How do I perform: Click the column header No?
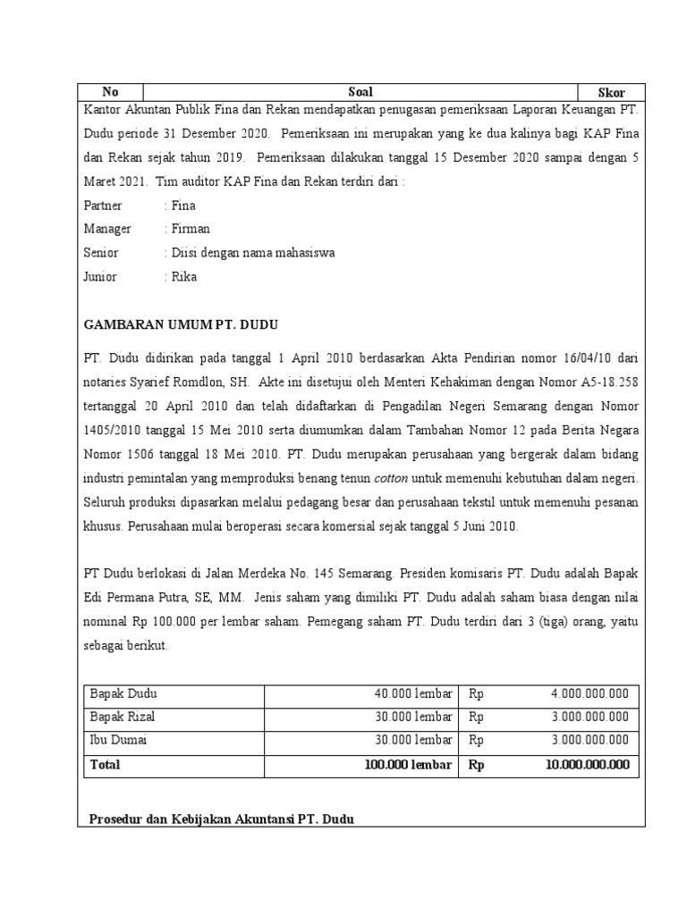pyautogui.click(x=110, y=92)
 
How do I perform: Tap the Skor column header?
pyautogui.click(x=612, y=92)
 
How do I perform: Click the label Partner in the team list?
pyautogui.click(x=102, y=206)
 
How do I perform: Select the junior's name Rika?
pyautogui.click(x=184, y=277)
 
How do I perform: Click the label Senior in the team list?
pyautogui.click(x=100, y=253)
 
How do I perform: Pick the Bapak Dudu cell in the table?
pyautogui.click(x=123, y=693)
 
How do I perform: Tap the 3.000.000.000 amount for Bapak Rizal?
pyautogui.click(x=589, y=717)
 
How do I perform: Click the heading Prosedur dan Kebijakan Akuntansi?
pyautogui.click(x=222, y=818)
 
